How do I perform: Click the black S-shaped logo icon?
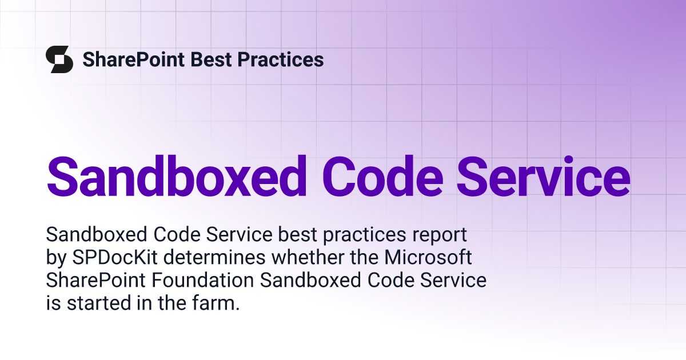[x=59, y=59]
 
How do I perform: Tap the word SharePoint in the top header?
[x=134, y=59]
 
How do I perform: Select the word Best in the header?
[x=211, y=59]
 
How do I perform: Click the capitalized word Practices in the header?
[x=281, y=59]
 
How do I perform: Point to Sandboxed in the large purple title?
[x=177, y=177]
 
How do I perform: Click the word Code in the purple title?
[x=382, y=177]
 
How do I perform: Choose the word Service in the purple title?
[x=544, y=177]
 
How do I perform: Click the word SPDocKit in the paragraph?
[x=115, y=257]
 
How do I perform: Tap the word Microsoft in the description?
[x=428, y=257]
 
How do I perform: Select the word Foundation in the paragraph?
[x=203, y=280]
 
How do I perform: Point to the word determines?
[x=214, y=257]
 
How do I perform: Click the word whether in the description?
[x=308, y=257]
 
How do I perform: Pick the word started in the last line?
[x=99, y=303]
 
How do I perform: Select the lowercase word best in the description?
[x=297, y=234]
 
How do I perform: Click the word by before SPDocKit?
[x=57, y=258]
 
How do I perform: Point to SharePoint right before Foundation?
[x=96, y=280]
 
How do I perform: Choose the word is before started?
[x=53, y=303]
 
